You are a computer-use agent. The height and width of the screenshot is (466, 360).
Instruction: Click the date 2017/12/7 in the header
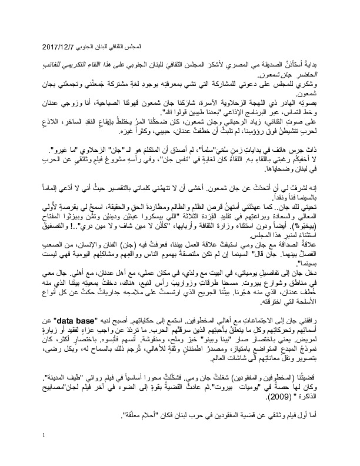61,45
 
